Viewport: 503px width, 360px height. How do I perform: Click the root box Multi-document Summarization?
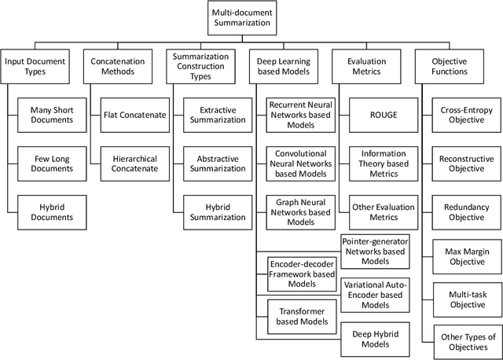(242, 18)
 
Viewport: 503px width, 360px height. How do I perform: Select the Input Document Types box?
(35, 66)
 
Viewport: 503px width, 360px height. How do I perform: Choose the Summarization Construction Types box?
(200, 66)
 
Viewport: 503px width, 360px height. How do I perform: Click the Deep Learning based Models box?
(285, 66)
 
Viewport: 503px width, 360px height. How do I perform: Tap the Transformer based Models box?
(303, 315)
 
